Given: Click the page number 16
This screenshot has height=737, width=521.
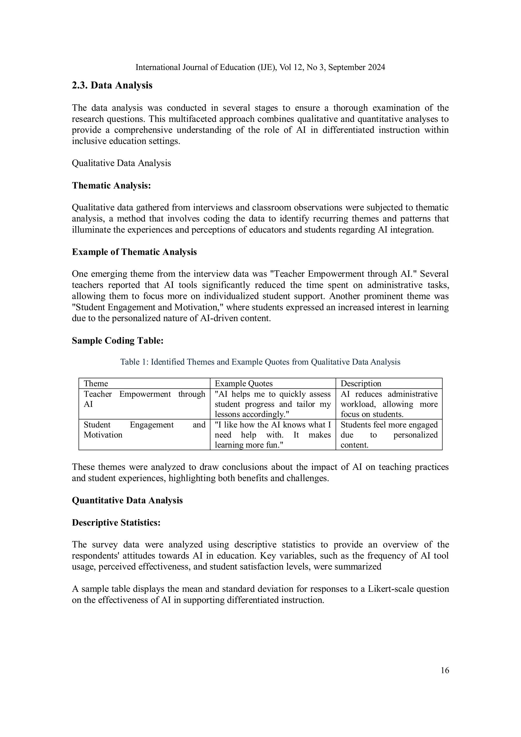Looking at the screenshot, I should click(x=445, y=670).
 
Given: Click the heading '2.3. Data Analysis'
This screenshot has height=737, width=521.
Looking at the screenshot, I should click(x=112, y=85).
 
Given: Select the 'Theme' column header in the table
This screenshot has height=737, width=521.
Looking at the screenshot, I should click(x=96, y=383).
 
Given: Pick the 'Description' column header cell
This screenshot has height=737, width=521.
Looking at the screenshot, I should click(x=360, y=383).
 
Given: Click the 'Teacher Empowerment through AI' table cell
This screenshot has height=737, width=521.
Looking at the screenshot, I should click(x=144, y=399).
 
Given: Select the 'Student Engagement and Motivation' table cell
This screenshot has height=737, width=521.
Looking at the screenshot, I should click(x=144, y=430).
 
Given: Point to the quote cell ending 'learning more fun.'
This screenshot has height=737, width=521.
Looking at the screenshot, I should click(x=272, y=435).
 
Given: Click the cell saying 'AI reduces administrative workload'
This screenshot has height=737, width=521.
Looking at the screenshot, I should click(x=389, y=404).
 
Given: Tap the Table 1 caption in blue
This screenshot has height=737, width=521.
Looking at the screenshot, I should click(x=260, y=362).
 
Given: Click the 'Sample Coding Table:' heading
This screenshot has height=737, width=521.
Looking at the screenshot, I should click(x=118, y=341).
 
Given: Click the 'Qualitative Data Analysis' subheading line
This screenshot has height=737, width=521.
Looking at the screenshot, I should click(x=121, y=163).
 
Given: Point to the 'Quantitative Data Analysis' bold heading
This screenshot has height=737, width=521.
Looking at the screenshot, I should click(x=127, y=500).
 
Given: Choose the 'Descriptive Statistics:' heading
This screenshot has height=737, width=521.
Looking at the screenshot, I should click(x=116, y=523).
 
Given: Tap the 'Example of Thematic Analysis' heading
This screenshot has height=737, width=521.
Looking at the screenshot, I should click(x=134, y=252).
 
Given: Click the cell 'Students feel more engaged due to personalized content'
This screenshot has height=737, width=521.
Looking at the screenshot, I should click(x=389, y=435).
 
